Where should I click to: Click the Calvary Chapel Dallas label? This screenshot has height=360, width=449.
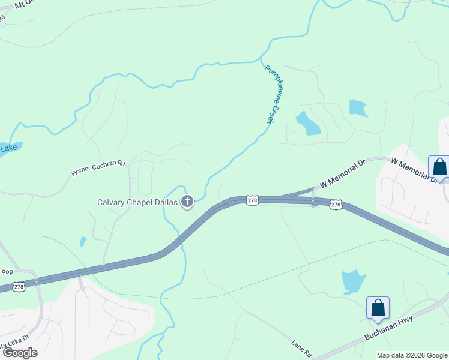click(x=137, y=202)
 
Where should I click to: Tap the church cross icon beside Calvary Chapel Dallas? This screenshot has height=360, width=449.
click(x=187, y=202)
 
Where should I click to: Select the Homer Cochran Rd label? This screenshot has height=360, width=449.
click(x=98, y=167)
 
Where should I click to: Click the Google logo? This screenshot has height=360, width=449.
click(x=20, y=353)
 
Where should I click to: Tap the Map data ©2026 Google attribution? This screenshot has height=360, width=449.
click(x=412, y=355)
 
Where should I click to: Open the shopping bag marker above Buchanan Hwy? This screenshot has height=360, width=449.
click(x=378, y=308)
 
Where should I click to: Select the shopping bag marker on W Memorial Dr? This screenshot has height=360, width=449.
click(x=439, y=167)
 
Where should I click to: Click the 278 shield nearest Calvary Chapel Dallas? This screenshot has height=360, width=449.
click(x=252, y=200)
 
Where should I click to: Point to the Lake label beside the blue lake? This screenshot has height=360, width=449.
click(x=8, y=148)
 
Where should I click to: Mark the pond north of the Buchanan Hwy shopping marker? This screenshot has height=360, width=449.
click(x=353, y=281)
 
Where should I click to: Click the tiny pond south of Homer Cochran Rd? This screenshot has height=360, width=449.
click(x=83, y=241)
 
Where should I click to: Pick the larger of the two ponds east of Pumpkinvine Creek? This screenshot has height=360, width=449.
click(x=308, y=123)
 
